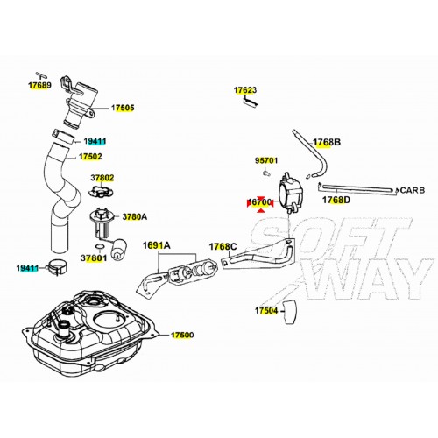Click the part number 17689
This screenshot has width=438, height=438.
(39, 85)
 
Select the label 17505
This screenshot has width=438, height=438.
(123, 108)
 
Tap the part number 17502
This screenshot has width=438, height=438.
(90, 157)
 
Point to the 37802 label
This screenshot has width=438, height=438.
(102, 178)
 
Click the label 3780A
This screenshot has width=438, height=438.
(135, 216)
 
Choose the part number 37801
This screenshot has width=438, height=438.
(94, 258)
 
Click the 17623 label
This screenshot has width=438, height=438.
(245, 90)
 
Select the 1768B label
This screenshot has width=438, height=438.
(327, 142)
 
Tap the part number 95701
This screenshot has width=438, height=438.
(266, 160)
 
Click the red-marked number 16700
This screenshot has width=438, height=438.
(260, 202)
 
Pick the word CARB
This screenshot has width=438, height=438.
(413, 190)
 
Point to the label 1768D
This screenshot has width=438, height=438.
(336, 200)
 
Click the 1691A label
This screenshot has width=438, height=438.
(156, 245)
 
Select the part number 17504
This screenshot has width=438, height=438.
(266, 310)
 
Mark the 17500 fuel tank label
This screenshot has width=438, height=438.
(182, 335)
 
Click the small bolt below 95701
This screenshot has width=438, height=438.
(265, 173)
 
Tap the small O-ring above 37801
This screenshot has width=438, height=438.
(100, 246)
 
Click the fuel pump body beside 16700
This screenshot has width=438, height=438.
(291, 193)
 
